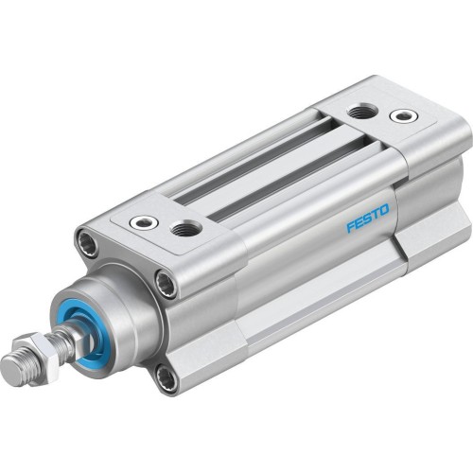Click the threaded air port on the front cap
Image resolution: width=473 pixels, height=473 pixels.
tap(187, 228)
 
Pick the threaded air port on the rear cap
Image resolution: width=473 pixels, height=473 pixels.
tap(362, 113)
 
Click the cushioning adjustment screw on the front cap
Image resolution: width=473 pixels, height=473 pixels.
tap(144, 222)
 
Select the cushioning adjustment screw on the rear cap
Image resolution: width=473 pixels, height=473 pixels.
tap(404, 116)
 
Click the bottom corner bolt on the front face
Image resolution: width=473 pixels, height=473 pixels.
tap(166, 378)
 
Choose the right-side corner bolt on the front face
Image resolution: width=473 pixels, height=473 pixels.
tap(166, 282)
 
